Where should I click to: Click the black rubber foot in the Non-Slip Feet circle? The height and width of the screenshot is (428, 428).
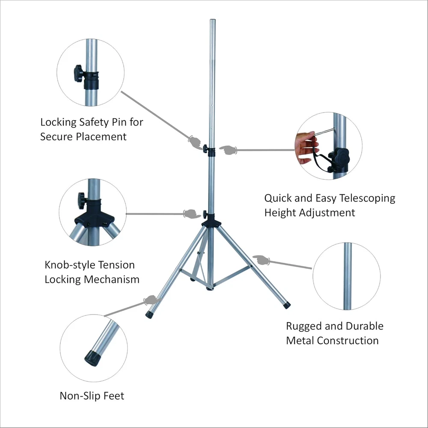(x=92, y=357)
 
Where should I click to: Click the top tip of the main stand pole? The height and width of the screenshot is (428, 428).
(x=212, y=20)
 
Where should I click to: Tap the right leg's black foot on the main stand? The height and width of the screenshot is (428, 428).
(x=286, y=306)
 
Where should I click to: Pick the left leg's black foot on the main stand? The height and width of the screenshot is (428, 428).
(x=149, y=314)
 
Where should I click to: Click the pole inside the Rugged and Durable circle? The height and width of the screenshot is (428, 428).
(x=347, y=276)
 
